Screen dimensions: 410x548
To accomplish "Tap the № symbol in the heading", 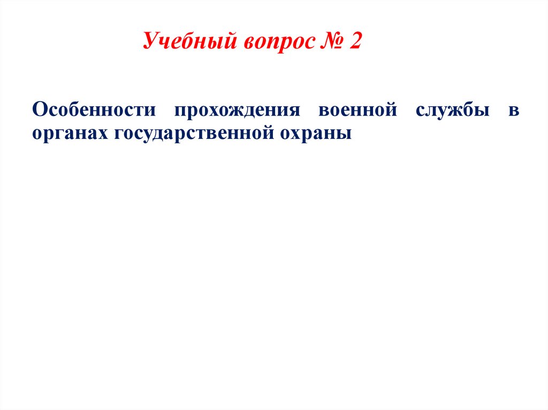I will point(330,42).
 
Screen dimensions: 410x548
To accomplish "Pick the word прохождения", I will point(237,111).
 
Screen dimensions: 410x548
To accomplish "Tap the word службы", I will point(452,111).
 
